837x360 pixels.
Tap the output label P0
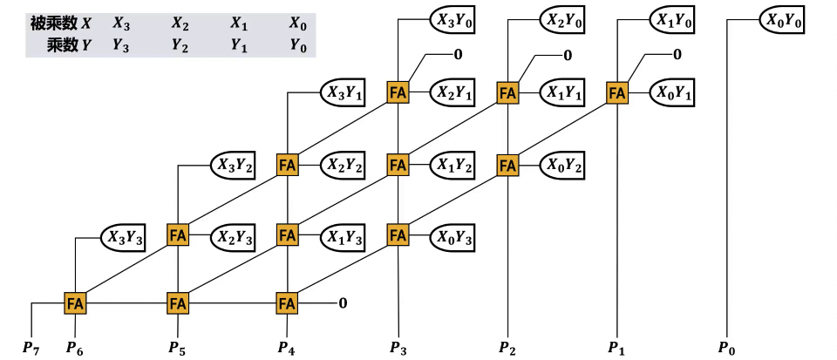726,348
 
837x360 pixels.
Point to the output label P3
398,348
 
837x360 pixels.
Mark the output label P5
177,348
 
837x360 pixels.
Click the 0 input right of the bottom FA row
343,303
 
